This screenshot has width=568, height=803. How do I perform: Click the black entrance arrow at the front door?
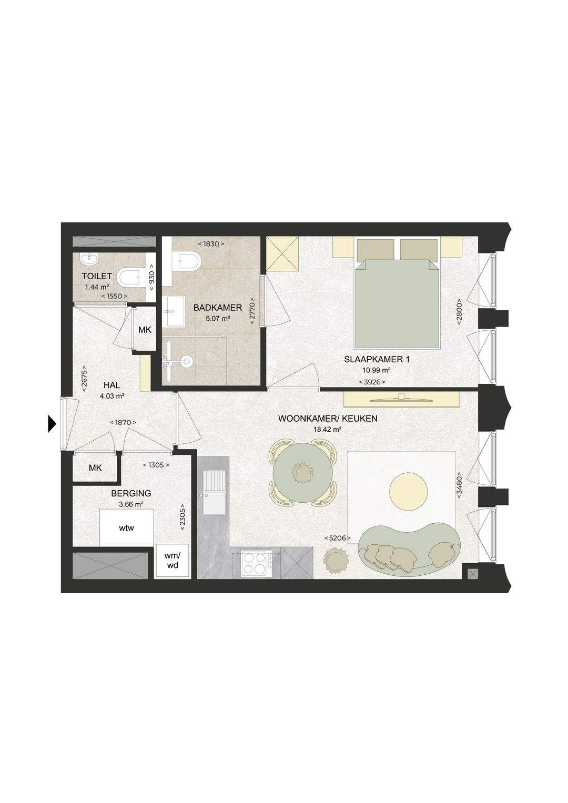click(x=53, y=424)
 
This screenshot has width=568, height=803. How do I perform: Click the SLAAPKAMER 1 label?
click(x=377, y=360)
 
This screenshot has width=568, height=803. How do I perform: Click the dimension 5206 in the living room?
click(x=337, y=538)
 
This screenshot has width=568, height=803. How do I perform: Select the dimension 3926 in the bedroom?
click(x=372, y=382)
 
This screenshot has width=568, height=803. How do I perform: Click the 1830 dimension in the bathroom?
click(x=211, y=244)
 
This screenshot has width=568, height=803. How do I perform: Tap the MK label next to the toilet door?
click(x=145, y=330)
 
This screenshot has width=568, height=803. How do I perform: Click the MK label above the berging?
click(x=95, y=468)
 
